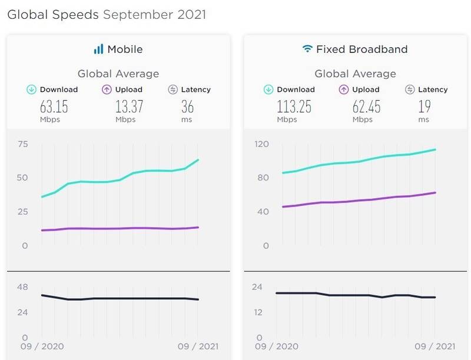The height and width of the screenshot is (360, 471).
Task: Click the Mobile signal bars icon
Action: click(98, 49)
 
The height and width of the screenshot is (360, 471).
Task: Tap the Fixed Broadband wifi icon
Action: click(307, 49)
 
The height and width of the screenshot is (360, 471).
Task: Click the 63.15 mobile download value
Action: click(51, 106)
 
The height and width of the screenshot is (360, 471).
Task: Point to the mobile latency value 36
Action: click(187, 106)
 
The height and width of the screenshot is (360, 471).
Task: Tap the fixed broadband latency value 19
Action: click(424, 106)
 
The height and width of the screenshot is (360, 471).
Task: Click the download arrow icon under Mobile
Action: click(32, 89)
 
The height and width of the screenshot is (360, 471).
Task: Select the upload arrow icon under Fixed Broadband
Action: click(344, 89)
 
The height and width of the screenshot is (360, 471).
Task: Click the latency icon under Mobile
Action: click(173, 89)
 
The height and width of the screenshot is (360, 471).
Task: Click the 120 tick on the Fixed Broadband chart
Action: click(261, 145)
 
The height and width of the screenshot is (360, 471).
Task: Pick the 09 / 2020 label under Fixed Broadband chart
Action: click(277, 346)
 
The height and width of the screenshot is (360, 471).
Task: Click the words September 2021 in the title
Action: click(154, 14)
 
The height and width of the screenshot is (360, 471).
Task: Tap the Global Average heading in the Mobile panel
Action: click(118, 74)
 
